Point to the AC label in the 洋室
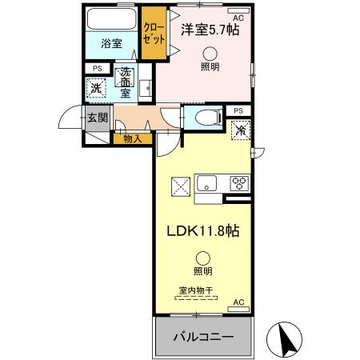tap(237, 17)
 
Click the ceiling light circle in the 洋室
tap(209, 54)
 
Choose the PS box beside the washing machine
tap(97, 69)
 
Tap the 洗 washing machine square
tap(96, 88)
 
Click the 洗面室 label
tap(126, 83)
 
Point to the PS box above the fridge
tap(238, 110)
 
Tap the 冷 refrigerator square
tap(240, 128)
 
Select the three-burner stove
tap(239, 182)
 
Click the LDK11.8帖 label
tap(202, 230)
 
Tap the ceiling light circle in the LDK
tap(203, 258)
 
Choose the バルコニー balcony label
tap(204, 338)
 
